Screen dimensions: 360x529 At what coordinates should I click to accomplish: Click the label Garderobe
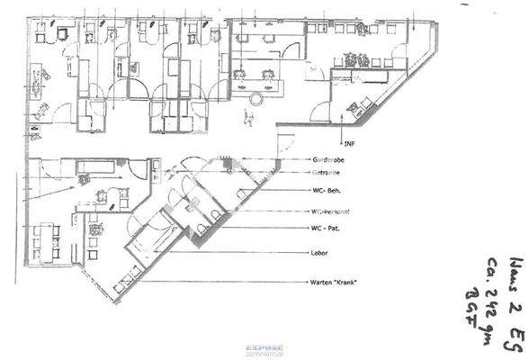tap(330, 159)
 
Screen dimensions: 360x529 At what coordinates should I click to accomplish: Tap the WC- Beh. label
tap(328, 191)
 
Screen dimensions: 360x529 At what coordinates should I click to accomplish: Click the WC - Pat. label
tap(328, 229)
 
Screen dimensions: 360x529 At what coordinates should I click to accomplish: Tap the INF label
tap(348, 144)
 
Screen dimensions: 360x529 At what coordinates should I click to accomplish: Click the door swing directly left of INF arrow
tap(319, 112)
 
